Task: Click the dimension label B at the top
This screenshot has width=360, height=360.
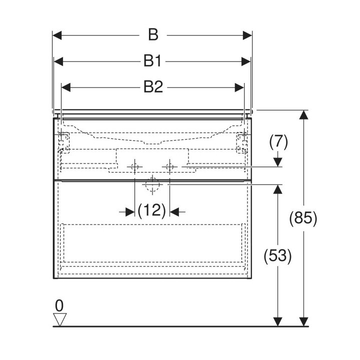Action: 153,35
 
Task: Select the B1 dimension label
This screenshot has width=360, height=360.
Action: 152,61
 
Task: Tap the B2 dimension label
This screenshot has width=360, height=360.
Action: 153,87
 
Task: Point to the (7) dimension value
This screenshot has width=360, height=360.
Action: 278,142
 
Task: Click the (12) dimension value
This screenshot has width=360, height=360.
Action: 152,210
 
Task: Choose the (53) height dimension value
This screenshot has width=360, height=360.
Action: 277,256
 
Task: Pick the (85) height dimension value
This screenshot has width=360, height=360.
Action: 303,218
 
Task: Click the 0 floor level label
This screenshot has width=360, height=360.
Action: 59,306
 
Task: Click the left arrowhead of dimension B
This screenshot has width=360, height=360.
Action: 57,35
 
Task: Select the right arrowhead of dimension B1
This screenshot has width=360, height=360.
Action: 246,61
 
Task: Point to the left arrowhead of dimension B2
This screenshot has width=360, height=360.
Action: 66,87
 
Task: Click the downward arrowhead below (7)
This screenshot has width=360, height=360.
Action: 278,162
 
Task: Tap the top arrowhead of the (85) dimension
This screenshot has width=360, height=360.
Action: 303,115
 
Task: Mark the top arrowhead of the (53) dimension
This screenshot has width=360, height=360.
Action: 278,189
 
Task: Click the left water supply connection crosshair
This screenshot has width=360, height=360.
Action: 135,166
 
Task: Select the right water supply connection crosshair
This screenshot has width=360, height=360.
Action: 169,166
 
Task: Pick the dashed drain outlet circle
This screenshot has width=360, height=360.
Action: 152,184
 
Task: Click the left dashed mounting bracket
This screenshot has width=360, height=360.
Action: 64,142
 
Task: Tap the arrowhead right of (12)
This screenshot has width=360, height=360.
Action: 174,212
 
